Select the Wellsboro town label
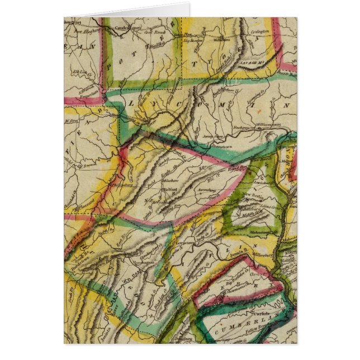click(x=222, y=40)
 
